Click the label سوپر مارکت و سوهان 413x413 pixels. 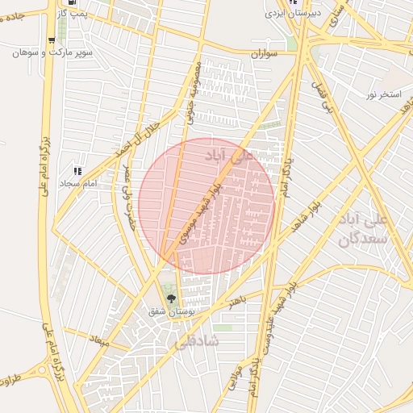[52, 52]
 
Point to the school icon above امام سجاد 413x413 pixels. [78, 171]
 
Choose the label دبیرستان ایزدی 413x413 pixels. [294, 14]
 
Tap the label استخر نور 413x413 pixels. [383, 95]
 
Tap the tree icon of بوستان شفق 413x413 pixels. [170, 298]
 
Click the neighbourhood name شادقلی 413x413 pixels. [197, 342]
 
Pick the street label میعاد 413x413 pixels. [99, 340]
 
